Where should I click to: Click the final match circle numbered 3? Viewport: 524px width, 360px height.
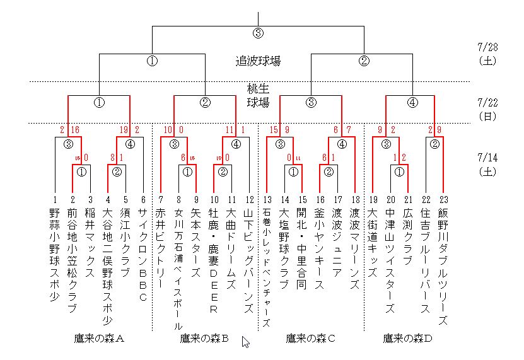[x=258, y=33]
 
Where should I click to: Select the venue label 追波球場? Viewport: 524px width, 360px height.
[x=258, y=61]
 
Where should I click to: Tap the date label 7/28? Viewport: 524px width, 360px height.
[x=489, y=47]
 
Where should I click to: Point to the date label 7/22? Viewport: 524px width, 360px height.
[x=489, y=102]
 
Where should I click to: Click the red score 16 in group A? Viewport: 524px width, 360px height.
[x=75, y=131]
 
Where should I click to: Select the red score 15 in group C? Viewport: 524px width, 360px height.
[x=273, y=131]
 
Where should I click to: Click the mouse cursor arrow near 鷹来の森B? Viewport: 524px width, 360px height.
[x=245, y=342]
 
